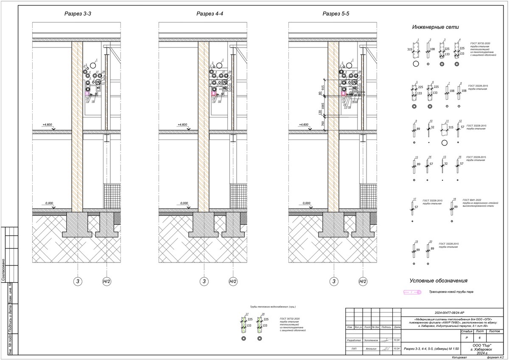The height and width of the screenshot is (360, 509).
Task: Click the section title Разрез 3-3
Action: (x=78, y=14)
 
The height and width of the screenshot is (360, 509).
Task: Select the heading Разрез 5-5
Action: (x=336, y=14)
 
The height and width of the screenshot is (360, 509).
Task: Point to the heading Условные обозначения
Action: (x=438, y=281)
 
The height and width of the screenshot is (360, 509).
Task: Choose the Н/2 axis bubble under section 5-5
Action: (x=363, y=281)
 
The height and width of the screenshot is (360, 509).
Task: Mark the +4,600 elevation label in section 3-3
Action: (x=47, y=125)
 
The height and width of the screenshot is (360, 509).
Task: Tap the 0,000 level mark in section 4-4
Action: (x=184, y=203)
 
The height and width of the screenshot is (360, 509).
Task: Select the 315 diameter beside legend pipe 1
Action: (x=410, y=50)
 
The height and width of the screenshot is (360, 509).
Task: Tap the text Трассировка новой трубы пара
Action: (x=451, y=292)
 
